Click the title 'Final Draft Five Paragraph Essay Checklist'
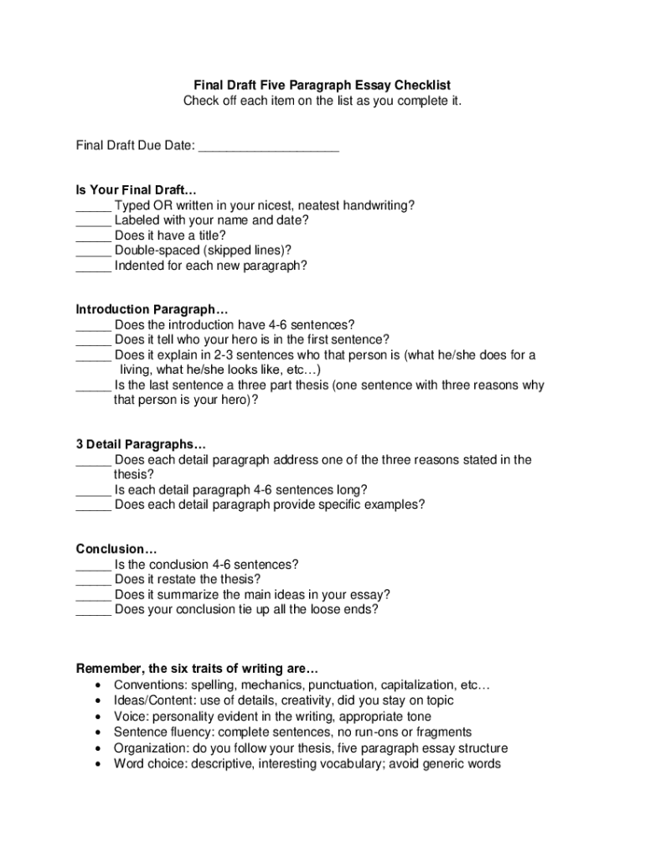(322, 85)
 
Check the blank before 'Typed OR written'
(93, 206)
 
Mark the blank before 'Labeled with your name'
(93, 221)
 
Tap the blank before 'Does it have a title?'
(93, 236)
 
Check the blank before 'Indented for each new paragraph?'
(93, 266)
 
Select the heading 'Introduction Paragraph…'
(152, 309)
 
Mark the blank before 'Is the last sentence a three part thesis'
(93, 386)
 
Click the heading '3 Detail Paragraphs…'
(141, 444)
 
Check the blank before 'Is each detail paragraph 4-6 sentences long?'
(93, 490)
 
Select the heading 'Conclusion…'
(116, 550)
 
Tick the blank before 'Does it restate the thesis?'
(93, 580)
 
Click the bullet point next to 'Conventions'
(99, 685)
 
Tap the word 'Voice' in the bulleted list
(130, 716)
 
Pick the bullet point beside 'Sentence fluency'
(99, 732)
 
